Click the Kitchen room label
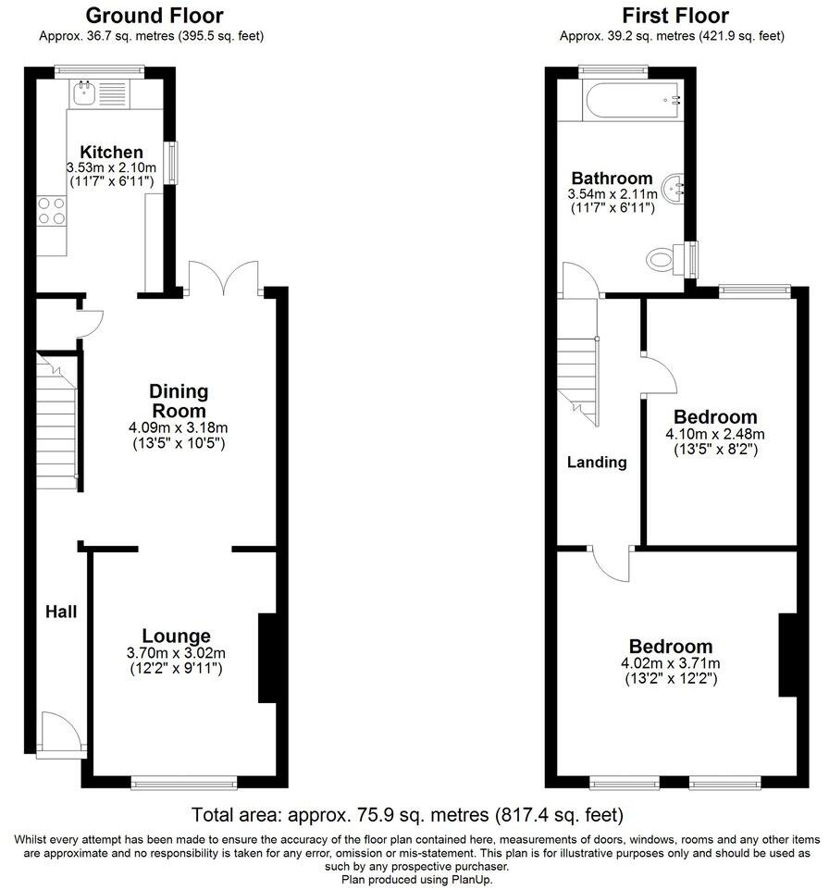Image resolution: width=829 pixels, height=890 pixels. [x=111, y=152]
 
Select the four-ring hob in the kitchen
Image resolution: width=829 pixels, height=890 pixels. [x=51, y=212]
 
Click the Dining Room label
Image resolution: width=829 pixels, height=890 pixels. [x=179, y=401]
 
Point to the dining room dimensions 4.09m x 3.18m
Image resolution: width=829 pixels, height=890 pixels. [x=179, y=427]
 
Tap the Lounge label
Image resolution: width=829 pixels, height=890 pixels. [x=176, y=636]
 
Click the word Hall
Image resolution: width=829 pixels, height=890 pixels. [x=62, y=612]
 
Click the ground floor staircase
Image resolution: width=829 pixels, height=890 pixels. [x=57, y=421]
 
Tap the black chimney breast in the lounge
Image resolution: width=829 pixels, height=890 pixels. [x=266, y=658]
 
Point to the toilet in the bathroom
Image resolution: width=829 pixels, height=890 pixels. [x=666, y=256]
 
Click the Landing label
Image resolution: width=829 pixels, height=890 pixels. [x=597, y=462]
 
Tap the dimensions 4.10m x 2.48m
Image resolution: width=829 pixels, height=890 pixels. [x=715, y=434]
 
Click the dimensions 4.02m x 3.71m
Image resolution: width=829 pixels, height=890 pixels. [x=671, y=663]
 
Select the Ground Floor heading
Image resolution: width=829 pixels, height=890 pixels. [x=154, y=16]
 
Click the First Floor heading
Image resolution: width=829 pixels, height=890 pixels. [x=674, y=16]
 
